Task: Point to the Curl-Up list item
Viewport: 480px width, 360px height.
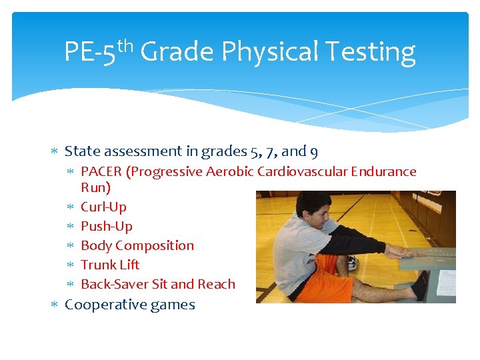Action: click(103, 207)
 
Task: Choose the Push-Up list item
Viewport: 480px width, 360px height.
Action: click(106, 227)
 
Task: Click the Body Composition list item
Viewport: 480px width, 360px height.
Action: click(137, 246)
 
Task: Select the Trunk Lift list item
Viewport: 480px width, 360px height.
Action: click(110, 265)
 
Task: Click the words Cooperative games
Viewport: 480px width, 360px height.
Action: click(129, 305)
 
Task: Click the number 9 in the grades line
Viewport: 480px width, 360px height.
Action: click(314, 151)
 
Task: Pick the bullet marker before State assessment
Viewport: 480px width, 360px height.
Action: click(55, 152)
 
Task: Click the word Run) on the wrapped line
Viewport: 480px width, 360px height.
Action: click(95, 188)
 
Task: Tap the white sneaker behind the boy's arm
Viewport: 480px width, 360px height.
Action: click(352, 263)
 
